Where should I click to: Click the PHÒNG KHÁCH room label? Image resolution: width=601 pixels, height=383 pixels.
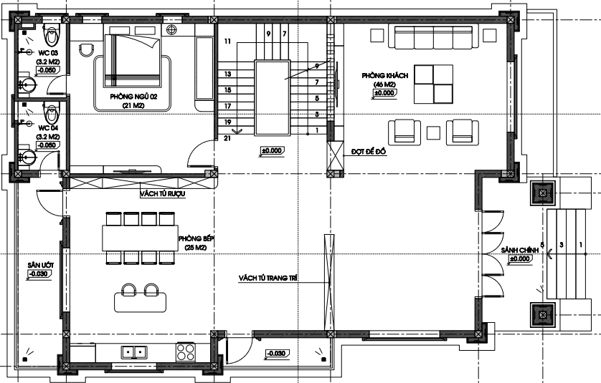pos(385,76)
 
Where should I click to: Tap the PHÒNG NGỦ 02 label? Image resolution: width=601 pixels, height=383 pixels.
pos(133,97)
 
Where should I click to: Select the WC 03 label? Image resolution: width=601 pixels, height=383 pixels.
pos(48,52)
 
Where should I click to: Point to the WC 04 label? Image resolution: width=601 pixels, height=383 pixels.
pos(48,128)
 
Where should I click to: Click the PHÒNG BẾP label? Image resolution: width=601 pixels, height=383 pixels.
pos(196,239)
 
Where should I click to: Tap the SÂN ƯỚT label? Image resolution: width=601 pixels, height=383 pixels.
pos(41,265)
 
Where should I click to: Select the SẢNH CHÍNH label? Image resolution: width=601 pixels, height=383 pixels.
pos(520,251)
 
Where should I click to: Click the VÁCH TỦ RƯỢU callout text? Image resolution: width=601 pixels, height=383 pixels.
pos(163,193)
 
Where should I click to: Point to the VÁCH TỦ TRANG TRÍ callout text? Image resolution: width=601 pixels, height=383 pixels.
pos(268,278)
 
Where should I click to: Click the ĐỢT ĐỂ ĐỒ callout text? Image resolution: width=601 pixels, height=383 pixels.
pos(369,152)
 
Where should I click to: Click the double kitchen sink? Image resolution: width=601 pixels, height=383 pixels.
pos(134,352)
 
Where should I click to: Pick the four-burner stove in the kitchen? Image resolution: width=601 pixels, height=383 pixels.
pos(186,352)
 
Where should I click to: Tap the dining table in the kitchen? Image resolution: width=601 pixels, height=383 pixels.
pos(141,238)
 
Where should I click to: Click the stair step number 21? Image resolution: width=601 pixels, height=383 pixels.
pos(227,138)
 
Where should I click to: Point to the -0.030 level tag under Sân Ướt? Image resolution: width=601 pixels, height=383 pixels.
pos(39,274)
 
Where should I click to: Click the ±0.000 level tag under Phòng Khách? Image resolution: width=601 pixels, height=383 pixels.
pos(384,93)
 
